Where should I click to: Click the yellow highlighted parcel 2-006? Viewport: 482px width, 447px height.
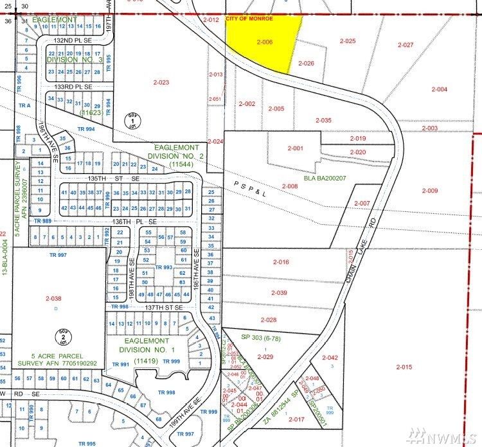263,41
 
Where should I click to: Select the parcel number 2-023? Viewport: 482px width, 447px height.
161,82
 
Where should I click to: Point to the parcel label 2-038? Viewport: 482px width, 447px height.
53,299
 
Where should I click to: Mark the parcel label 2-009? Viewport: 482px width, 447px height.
430,191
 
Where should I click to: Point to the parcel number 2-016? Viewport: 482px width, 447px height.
281,262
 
